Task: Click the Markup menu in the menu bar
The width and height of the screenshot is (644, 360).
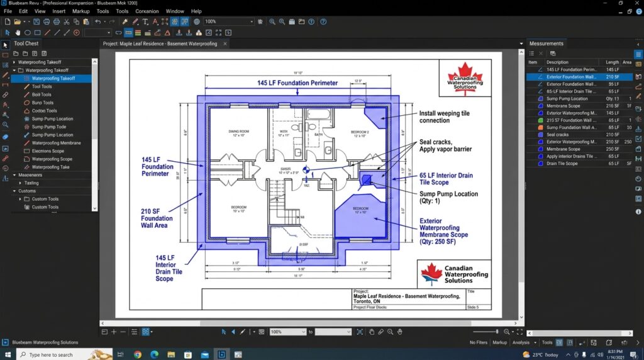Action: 80,11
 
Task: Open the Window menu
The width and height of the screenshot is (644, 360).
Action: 175,11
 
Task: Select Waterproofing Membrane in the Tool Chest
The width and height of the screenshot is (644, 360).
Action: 56,143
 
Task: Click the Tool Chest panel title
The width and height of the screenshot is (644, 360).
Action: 26,43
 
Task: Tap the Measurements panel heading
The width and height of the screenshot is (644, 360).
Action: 546,43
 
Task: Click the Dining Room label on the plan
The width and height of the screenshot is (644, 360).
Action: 238,133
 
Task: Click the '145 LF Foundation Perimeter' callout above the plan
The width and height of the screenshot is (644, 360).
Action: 297,82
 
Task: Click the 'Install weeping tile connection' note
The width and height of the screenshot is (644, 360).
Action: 443,116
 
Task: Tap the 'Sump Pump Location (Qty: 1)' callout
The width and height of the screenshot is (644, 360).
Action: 448,198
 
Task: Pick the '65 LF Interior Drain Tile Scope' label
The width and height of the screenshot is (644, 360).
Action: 446,179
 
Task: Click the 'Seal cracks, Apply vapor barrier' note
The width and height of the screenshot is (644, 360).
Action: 445,145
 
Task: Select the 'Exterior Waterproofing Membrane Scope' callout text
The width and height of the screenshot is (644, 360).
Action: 443,228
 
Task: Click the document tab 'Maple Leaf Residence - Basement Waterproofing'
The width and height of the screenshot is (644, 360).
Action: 160,43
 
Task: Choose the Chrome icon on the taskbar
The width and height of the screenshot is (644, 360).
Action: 138,354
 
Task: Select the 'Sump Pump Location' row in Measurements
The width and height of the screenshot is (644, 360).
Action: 567,99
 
